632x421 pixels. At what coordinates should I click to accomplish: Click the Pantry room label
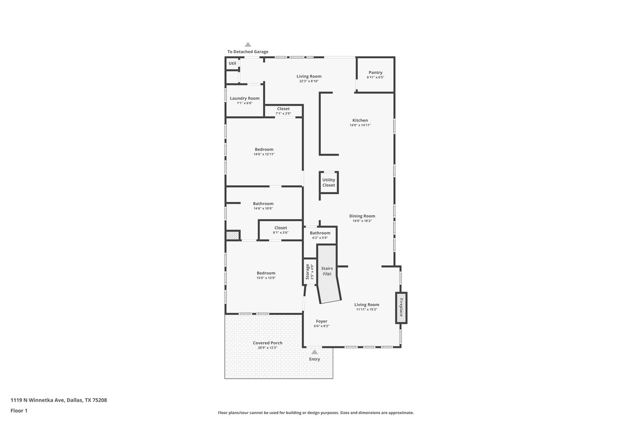tap(375, 73)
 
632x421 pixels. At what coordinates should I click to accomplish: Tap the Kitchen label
tap(360, 120)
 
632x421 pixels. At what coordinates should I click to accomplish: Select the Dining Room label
tap(362, 216)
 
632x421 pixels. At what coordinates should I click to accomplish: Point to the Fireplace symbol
tap(401, 308)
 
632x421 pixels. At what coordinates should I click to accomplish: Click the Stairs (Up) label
tap(327, 271)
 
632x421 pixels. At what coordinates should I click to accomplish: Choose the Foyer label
tap(321, 321)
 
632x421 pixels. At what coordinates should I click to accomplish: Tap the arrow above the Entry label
tap(315, 352)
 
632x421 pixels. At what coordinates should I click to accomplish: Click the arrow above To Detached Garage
tap(248, 44)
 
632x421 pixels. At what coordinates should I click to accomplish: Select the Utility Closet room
tap(329, 183)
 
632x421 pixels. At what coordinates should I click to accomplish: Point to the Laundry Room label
tap(244, 98)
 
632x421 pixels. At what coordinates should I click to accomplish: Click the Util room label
tap(232, 63)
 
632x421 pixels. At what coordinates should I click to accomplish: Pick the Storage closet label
tap(308, 271)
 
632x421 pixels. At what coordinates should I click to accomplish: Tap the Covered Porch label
tap(268, 343)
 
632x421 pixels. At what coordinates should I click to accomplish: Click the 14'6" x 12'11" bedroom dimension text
tap(264, 154)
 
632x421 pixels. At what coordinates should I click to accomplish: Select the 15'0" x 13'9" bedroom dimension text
tap(266, 278)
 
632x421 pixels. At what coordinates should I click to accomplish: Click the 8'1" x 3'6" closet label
tap(281, 232)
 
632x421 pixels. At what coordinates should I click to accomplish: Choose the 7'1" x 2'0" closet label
tap(283, 114)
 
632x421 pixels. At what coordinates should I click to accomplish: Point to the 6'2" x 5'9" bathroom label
tap(320, 238)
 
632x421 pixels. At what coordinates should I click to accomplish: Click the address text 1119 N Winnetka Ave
tap(38, 400)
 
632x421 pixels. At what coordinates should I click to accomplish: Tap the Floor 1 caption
tap(19, 411)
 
